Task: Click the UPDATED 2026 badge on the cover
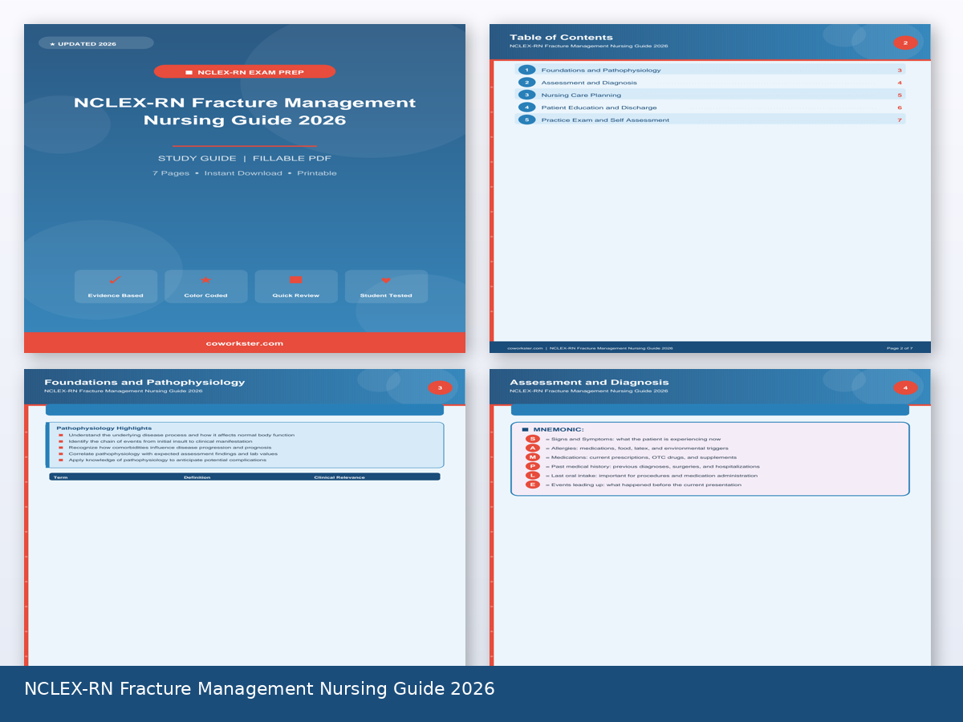95,43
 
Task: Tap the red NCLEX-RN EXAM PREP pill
245,72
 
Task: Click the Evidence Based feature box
116,286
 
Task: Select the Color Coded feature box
205,286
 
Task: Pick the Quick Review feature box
295,286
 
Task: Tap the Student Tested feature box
386,286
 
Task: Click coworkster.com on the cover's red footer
245,343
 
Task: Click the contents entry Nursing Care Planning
581,95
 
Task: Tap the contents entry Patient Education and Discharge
599,107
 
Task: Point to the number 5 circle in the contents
526,120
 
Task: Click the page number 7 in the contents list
900,120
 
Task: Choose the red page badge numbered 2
905,43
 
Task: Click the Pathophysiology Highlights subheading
104,428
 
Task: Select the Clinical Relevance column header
339,477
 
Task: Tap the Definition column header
197,477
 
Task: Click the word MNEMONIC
559,430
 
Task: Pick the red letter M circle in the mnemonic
533,457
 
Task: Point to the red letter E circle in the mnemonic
533,485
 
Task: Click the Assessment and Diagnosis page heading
589,383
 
